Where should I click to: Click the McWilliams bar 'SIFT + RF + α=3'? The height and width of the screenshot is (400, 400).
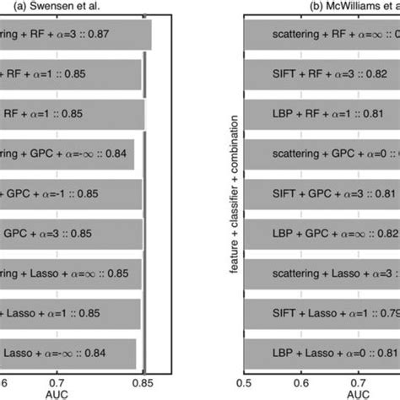(321, 77)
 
